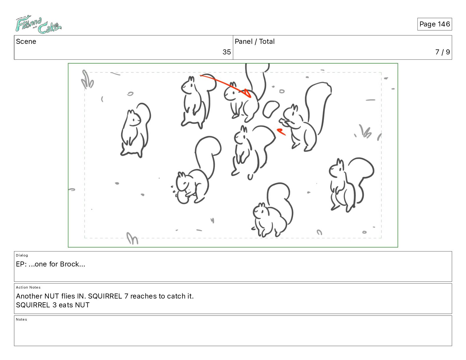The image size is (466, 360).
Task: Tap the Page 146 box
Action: pos(435,24)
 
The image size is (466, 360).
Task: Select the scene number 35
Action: pos(227,52)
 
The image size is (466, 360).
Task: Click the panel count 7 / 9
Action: pos(442,52)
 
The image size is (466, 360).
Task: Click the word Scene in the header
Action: pos(26,41)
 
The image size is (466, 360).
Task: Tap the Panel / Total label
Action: pos(254,41)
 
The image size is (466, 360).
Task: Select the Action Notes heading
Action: pos(28,287)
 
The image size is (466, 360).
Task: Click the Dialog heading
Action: pos(22,255)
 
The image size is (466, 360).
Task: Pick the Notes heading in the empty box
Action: pos(21,319)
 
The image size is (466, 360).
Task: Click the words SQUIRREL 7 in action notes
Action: pos(108,296)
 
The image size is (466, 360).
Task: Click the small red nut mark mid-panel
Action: pos(281,132)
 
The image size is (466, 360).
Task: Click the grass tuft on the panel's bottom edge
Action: pos(132,238)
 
